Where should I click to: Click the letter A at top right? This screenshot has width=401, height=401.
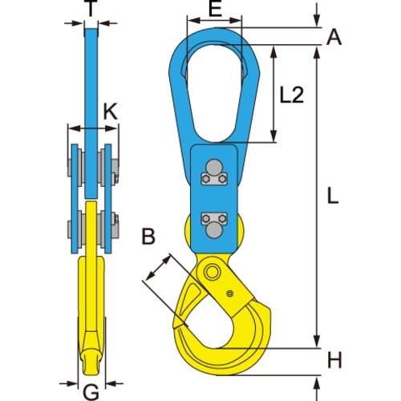[x=335, y=35]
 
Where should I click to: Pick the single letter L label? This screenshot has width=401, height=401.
[x=335, y=194]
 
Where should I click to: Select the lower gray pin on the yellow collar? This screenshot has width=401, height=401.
[x=214, y=230]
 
